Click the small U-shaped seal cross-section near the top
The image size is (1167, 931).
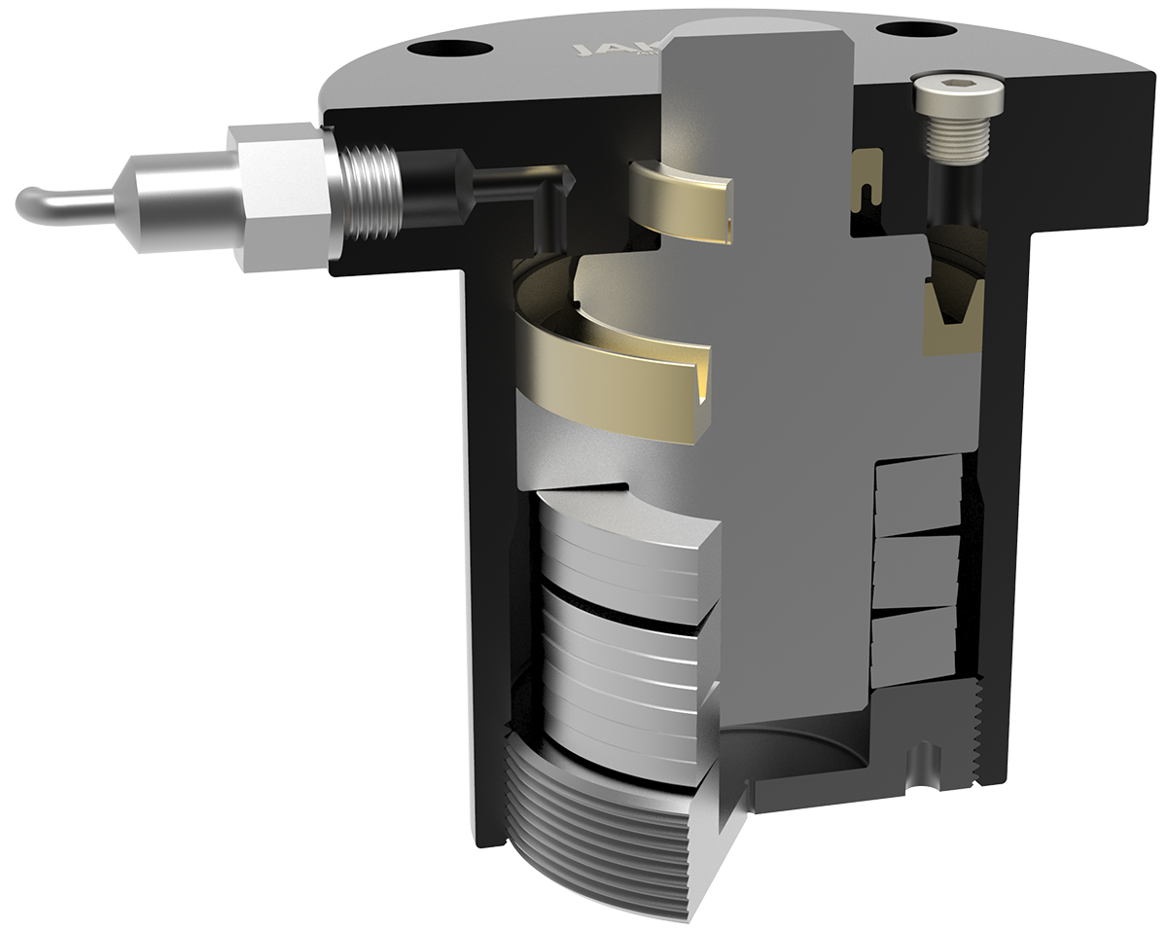[867, 180]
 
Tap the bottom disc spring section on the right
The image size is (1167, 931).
[914, 647]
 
